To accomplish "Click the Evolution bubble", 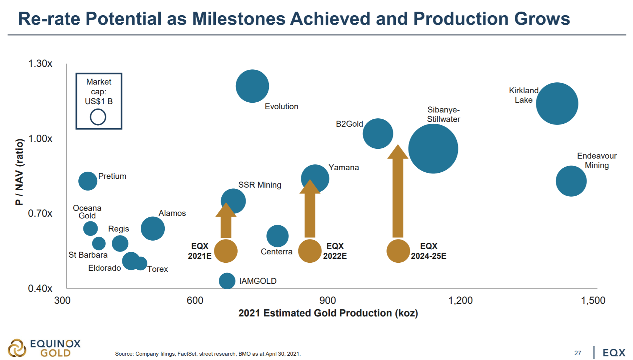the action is [252, 86].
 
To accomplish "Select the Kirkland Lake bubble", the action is [557, 103].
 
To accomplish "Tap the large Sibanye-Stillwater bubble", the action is [433, 149].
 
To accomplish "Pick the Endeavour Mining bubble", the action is [571, 181].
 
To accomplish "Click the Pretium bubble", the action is [88, 181].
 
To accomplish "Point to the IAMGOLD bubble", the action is [227, 281].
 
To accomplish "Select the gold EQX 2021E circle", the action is [226, 251].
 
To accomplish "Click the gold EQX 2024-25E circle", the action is [398, 251].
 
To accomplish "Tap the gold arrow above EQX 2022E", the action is [310, 208].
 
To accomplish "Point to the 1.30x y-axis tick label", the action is [40, 64].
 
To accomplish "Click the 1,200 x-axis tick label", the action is [460, 300].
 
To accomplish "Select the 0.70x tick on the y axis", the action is [40, 213].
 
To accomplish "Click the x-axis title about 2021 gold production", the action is [328, 313].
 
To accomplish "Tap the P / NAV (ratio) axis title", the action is [19, 172].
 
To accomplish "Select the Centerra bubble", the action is [278, 236].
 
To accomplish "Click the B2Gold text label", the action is [349, 124].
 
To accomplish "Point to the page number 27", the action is [578, 353].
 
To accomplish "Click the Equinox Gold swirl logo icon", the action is [17, 348].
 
